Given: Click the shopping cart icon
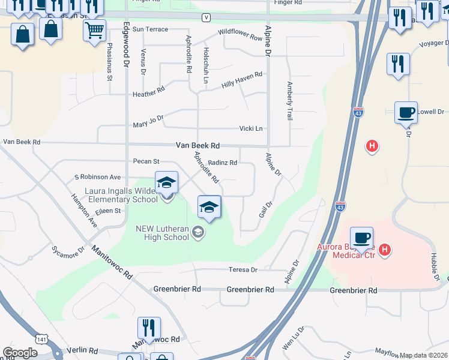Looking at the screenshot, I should click(x=94, y=30).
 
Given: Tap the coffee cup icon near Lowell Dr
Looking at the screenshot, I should click(x=406, y=112).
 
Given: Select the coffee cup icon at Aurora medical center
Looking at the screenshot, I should click(x=361, y=238).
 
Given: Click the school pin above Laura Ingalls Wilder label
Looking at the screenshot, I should click(x=166, y=183).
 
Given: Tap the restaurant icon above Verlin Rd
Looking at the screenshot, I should click(x=148, y=328).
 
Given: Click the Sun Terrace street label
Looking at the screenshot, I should click(x=151, y=29).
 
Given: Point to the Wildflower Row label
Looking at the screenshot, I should click(x=241, y=34).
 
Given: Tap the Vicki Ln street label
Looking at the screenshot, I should click(x=251, y=128).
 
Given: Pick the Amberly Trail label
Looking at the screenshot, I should click(x=290, y=101).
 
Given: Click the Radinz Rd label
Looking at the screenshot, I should click(x=223, y=163).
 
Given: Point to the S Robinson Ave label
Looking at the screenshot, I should click(x=97, y=177).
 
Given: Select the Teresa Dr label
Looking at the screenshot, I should click(x=242, y=270).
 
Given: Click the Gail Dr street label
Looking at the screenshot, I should click(x=265, y=213).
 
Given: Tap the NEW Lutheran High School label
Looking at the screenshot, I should click(x=162, y=233).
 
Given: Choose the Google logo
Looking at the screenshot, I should click(x=20, y=353).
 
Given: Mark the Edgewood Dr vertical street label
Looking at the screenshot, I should click(x=126, y=44).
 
